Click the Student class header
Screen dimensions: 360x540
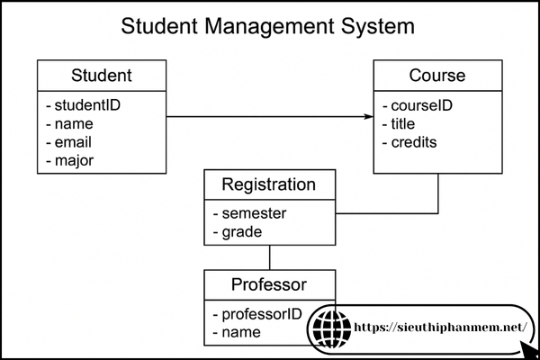click(101, 75)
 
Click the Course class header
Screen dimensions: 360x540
click(437, 75)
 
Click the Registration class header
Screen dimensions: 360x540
click(269, 185)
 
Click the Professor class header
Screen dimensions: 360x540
click(269, 285)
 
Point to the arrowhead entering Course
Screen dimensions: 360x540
click(369, 117)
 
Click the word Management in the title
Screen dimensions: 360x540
click(271, 26)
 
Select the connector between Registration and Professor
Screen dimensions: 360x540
click(270, 256)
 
